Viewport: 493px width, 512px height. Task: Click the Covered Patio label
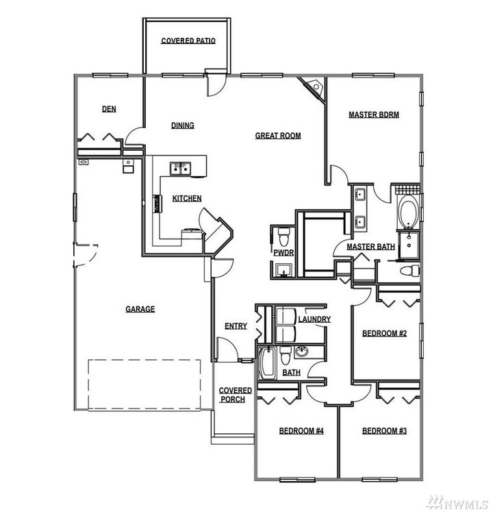[188, 41]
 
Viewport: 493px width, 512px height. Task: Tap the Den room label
[108, 109]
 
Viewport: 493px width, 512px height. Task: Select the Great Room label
[278, 136]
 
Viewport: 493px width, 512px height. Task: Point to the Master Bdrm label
[374, 114]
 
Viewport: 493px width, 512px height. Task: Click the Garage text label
[140, 309]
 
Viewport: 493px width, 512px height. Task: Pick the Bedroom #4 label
[301, 431]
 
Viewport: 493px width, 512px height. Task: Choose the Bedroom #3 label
[384, 431]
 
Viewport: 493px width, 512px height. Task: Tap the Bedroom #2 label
[384, 334]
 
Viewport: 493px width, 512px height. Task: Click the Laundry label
[314, 319]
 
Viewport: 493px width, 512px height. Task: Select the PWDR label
[283, 254]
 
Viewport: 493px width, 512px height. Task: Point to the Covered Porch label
[235, 395]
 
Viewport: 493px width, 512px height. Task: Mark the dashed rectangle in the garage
[144, 384]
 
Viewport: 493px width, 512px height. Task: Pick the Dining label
[182, 125]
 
